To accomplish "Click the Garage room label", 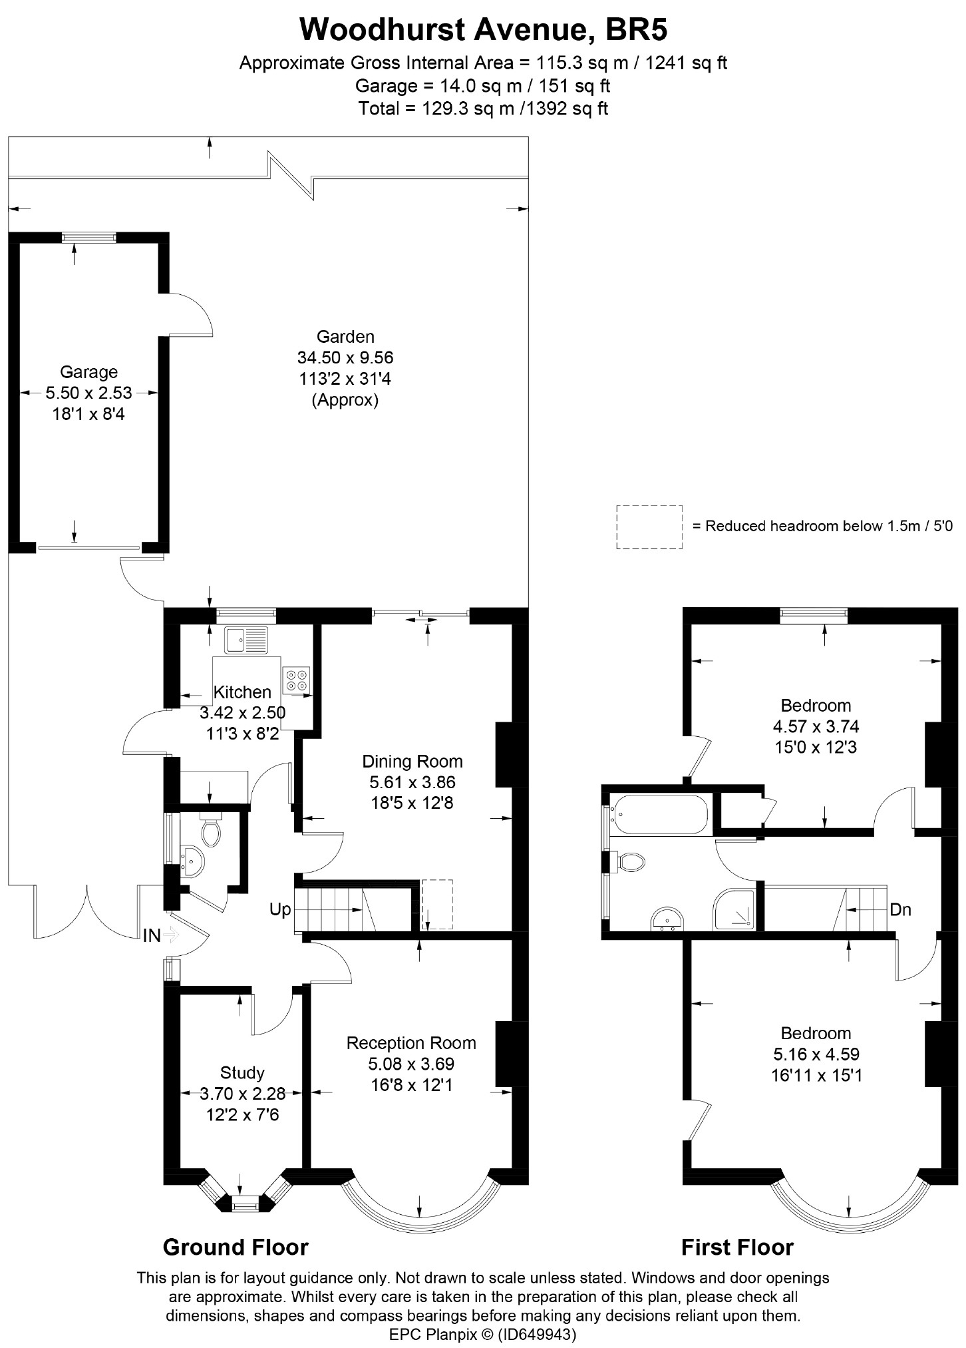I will pyautogui.click(x=88, y=371).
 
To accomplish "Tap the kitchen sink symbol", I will pyautogui.click(x=245, y=640).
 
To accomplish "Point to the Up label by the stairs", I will pyautogui.click(x=280, y=909).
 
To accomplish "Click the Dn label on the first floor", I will pyautogui.click(x=899, y=909).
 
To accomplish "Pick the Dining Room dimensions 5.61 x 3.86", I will pyautogui.click(x=412, y=782).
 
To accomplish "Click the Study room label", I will pyautogui.click(x=242, y=1072).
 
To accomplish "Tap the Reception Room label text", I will pyautogui.click(x=411, y=1043).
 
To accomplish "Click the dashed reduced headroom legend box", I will pyautogui.click(x=649, y=527).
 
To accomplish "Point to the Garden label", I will pyautogui.click(x=345, y=336).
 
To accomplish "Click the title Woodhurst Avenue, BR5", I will pyautogui.click(x=483, y=29).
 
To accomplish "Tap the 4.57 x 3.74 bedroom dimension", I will pyautogui.click(x=816, y=726).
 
